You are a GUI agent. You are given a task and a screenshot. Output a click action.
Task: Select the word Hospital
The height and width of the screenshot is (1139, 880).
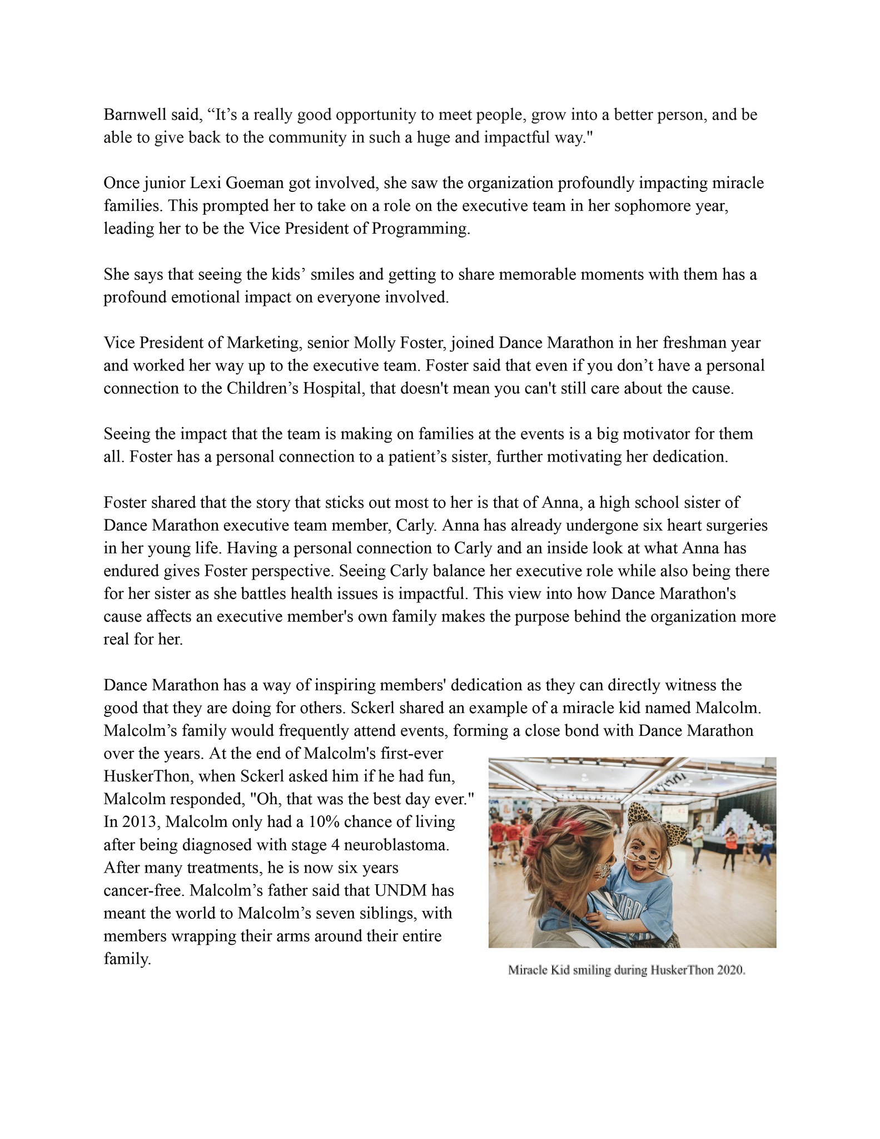[x=334, y=389]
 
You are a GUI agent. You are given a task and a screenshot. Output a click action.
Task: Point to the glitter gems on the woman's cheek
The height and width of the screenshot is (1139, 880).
[x=604, y=872]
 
